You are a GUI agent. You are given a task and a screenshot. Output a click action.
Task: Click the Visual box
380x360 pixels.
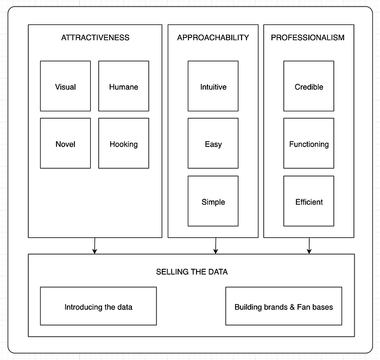pyautogui.click(x=66, y=86)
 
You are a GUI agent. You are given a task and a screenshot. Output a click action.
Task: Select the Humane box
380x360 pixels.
pyautogui.click(x=124, y=86)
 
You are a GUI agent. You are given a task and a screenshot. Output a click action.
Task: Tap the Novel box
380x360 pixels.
pyautogui.click(x=66, y=143)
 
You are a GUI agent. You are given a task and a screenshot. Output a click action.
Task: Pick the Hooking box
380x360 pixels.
pyautogui.click(x=124, y=143)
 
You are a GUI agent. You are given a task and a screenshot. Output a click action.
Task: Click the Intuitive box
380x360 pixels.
pyautogui.click(x=213, y=86)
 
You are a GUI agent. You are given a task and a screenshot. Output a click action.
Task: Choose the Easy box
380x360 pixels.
pyautogui.click(x=213, y=143)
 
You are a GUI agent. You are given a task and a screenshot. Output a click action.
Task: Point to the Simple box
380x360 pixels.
pyautogui.click(x=213, y=201)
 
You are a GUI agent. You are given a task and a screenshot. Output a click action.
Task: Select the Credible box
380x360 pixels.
pyautogui.click(x=309, y=86)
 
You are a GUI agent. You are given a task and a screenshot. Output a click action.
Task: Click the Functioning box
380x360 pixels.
pyautogui.click(x=309, y=143)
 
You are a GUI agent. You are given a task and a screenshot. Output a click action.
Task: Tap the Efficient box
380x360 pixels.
pyautogui.click(x=309, y=201)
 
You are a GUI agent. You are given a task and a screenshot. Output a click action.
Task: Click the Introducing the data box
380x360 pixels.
pyautogui.click(x=98, y=306)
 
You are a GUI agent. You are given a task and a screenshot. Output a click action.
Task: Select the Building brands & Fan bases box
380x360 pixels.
pyautogui.click(x=284, y=306)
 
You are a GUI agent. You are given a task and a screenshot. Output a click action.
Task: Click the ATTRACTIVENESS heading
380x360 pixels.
pyautogui.click(x=95, y=37)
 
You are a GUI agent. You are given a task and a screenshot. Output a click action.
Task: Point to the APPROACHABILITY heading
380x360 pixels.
pyautogui.click(x=213, y=37)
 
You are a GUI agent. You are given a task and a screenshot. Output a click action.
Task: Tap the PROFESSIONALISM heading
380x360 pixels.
pyautogui.click(x=308, y=37)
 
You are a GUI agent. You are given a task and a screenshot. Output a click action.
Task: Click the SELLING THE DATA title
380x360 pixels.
pyautogui.click(x=192, y=271)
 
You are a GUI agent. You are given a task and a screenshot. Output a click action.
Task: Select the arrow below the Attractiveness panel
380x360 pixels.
pyautogui.click(x=95, y=246)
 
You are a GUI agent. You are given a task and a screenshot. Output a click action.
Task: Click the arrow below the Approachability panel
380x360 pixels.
pyautogui.click(x=216, y=246)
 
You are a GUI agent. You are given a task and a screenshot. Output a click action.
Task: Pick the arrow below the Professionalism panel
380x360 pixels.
pyautogui.click(x=309, y=246)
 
